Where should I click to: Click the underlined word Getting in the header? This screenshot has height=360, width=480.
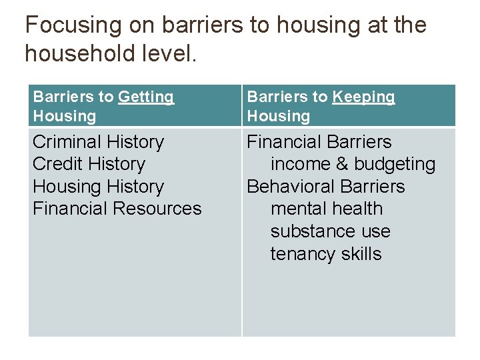click(x=146, y=97)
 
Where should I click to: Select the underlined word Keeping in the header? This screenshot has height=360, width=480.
click(x=363, y=97)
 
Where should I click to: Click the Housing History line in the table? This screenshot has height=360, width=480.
click(x=98, y=187)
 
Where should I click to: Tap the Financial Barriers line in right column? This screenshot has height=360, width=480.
click(x=319, y=142)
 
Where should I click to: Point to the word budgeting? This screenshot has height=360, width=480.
click(x=395, y=165)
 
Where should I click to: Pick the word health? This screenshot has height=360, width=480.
click(x=359, y=209)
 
